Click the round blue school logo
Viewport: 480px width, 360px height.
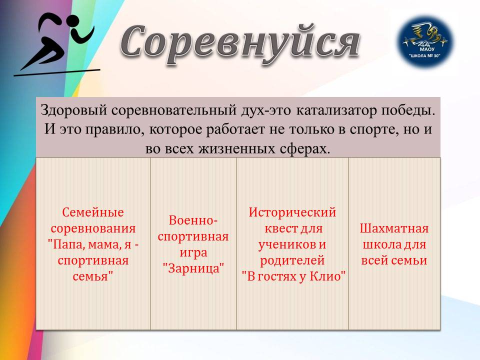tap(425, 42)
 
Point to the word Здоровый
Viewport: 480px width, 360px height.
tap(74, 110)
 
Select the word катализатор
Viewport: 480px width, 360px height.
tap(336, 110)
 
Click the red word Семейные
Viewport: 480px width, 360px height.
tap(93, 212)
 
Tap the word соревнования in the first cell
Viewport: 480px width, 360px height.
tap(93, 228)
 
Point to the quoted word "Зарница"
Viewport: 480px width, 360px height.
tap(193, 268)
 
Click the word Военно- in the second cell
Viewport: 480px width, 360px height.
tap(193, 220)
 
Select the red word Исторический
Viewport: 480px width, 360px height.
tap(292, 212)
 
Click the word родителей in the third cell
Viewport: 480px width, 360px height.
tap(292, 260)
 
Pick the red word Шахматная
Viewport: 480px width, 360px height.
tap(394, 228)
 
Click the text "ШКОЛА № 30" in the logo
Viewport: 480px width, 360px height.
tap(425, 55)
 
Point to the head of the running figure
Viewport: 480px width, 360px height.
tap(73, 22)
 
